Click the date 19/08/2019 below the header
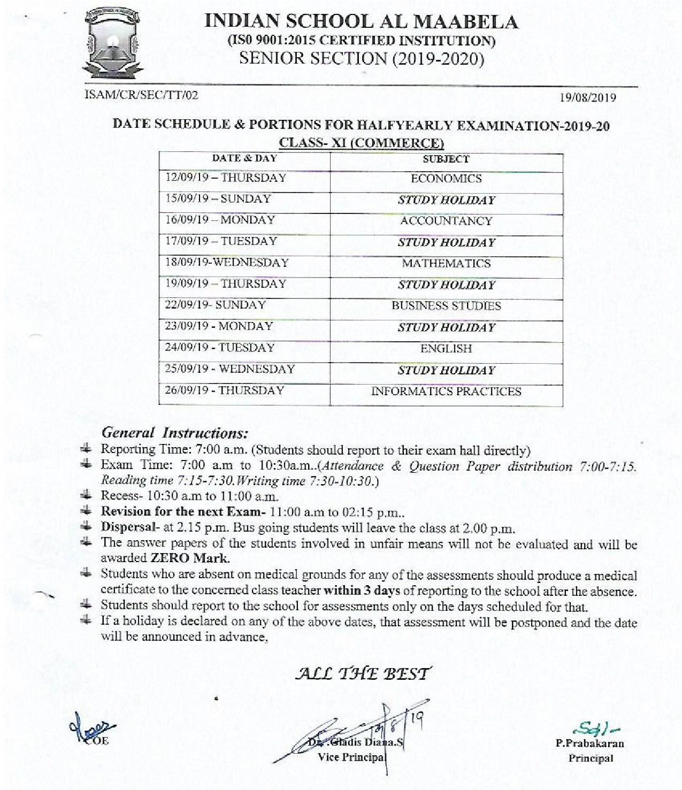point(587,98)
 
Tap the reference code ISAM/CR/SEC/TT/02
point(141,95)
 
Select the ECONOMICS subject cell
point(446,179)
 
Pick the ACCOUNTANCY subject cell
point(446,221)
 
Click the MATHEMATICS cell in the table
point(446,263)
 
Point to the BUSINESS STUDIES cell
point(446,306)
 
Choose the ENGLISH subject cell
point(446,349)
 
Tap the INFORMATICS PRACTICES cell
point(446,392)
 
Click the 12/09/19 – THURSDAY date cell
point(225,178)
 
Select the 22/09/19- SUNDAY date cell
point(215,305)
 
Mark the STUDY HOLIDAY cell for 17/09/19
point(446,242)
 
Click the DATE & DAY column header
point(244,158)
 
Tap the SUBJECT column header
point(446,159)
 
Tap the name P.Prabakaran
point(590,743)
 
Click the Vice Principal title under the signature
point(351,757)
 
